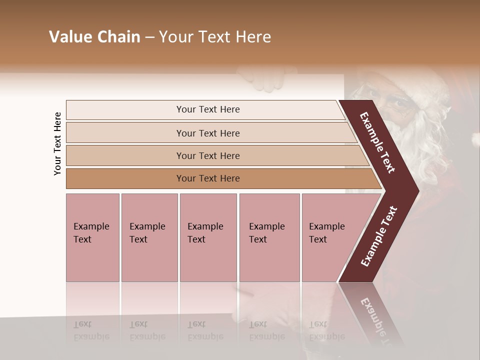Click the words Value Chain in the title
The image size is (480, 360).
coord(94,37)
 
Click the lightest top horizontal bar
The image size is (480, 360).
coord(207,109)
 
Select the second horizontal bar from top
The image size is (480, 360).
coord(207,133)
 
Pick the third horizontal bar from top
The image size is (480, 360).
coord(207,155)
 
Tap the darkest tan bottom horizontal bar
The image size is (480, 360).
coord(207,178)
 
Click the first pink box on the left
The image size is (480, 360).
coord(92,237)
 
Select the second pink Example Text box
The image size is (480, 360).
coord(149,237)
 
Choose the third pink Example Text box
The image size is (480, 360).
coord(208,237)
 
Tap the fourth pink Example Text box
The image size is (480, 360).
coord(269,237)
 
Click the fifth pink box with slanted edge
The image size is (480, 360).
coord(330,237)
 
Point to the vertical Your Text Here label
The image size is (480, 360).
coord(57,144)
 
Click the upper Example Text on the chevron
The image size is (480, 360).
coord(378,142)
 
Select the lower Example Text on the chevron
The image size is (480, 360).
coord(379,236)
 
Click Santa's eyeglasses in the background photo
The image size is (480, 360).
coord(395,103)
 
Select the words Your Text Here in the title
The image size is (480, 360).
coord(215,37)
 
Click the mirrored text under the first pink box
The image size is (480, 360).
coord(91,330)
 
